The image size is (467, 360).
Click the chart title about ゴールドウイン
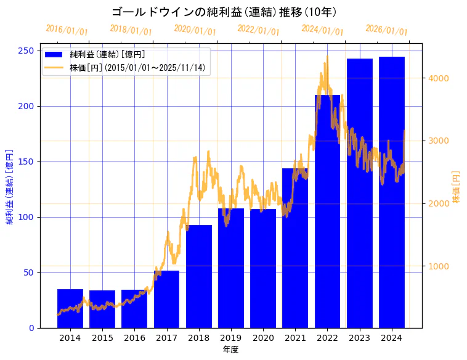coord(224,12)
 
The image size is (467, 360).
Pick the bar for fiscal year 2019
coord(231,268)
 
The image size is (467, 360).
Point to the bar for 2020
coord(263,268)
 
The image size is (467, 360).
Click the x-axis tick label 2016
coord(134,338)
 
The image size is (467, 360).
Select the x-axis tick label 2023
coord(360,338)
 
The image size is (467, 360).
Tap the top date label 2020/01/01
coord(195,30)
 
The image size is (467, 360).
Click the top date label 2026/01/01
coord(386,30)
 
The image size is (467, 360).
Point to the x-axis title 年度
coord(230,350)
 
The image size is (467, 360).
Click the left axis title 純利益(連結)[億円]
coord(10,186)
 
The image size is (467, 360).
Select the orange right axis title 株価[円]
coord(457,187)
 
